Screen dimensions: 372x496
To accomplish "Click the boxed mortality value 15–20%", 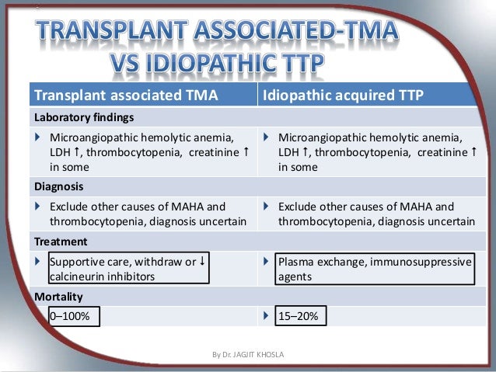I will click(302, 317).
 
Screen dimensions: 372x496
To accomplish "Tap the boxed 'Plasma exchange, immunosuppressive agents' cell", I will click(374, 269).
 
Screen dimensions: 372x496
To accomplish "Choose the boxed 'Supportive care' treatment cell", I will click(127, 269).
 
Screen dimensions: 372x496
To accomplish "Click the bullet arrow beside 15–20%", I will click(267, 317).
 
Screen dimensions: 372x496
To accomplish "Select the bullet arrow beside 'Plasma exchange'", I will click(267, 262).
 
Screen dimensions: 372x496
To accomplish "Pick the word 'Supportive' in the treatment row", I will click(79, 262).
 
